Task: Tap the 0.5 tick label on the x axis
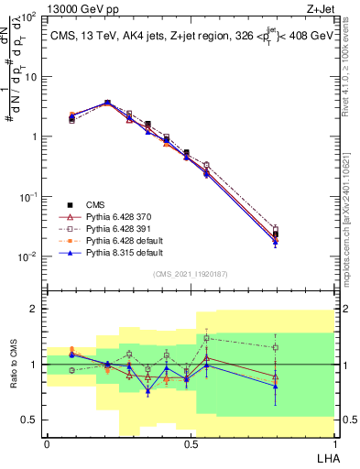tap(190, 443)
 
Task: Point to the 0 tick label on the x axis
tap(47, 443)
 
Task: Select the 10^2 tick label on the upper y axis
tap(28, 17)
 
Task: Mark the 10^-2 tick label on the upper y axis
tap(28, 256)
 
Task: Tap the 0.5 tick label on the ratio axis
tap(30, 420)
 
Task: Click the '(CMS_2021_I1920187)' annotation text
tap(190, 274)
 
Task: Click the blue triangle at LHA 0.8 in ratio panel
tap(276, 386)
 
